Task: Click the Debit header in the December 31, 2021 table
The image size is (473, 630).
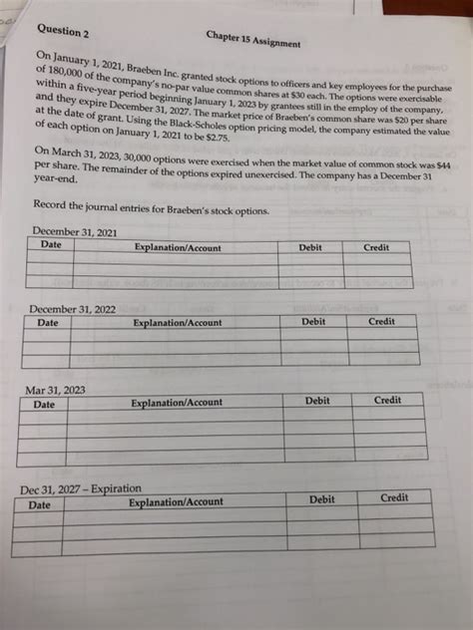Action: (x=310, y=246)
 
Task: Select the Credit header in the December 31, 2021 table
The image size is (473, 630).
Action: (x=376, y=247)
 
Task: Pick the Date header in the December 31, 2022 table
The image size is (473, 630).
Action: (x=47, y=323)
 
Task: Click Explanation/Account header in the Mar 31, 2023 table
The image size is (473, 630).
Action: (x=177, y=403)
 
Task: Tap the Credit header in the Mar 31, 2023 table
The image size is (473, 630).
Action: (x=387, y=400)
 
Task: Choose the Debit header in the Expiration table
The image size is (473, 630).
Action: (x=321, y=498)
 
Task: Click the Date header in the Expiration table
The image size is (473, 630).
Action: (x=39, y=505)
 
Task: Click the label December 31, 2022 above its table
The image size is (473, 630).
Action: (x=72, y=309)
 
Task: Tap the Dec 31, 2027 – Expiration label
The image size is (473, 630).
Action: (x=81, y=488)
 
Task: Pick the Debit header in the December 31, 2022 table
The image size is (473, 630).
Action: (x=313, y=322)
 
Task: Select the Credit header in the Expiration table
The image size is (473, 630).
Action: (x=394, y=497)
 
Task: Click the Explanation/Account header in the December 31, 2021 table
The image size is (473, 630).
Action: (x=179, y=246)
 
